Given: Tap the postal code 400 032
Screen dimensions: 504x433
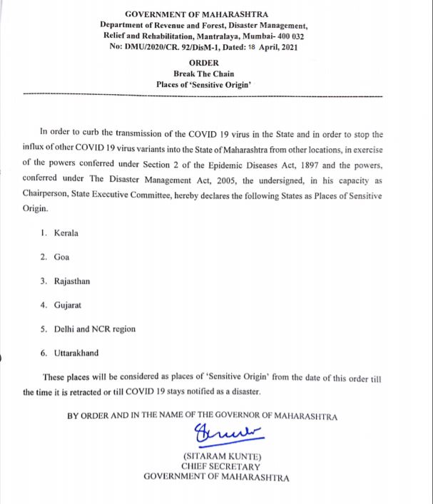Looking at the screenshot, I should coord(291,36).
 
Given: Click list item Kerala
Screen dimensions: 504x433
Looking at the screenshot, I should coord(66,233).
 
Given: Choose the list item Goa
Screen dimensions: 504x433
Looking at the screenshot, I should coord(61,257).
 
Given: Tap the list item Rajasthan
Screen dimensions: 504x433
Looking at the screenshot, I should coord(72,281).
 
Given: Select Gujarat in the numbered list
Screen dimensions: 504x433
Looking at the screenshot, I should coord(68,305).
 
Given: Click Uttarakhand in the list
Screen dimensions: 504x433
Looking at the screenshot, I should coord(76,353).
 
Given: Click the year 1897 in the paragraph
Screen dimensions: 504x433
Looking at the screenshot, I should coord(302,164).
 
